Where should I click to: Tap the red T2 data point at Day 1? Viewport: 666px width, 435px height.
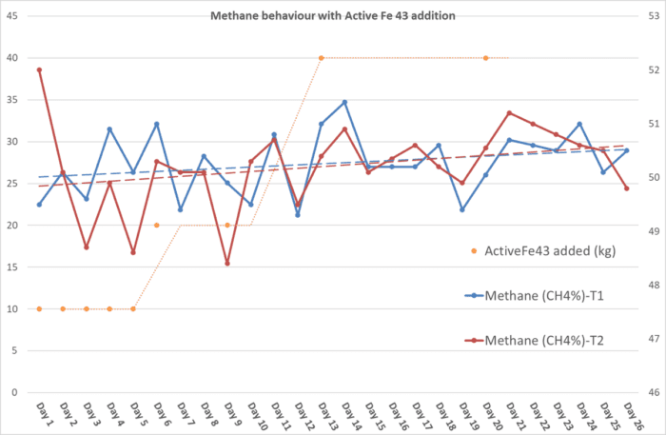click(x=39, y=69)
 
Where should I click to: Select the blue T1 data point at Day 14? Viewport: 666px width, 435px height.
click(x=344, y=102)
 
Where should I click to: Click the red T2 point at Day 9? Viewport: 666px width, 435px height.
click(x=227, y=264)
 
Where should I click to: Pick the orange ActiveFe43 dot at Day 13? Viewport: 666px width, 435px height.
click(x=322, y=58)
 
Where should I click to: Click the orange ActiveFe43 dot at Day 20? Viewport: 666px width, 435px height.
click(x=485, y=58)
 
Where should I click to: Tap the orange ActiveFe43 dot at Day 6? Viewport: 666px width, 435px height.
click(x=157, y=226)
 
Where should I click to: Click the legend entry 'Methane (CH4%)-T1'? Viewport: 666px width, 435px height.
click(x=545, y=295)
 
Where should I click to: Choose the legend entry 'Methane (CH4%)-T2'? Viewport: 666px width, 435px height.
click(x=545, y=340)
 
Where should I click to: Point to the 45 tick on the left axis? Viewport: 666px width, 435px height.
click(x=12, y=16)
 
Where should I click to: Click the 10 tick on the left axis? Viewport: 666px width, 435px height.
click(x=12, y=309)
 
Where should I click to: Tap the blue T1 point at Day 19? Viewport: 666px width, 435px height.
click(x=462, y=209)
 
